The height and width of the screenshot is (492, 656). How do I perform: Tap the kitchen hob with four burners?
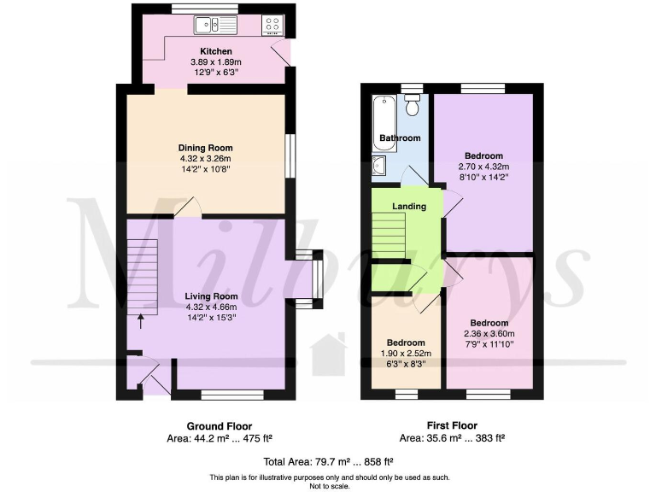pos(273,26)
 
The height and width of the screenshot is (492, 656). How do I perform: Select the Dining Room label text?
pos(205,147)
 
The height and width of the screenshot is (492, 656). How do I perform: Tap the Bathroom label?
pos(400,138)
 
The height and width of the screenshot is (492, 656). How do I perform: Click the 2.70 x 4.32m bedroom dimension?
pos(483,167)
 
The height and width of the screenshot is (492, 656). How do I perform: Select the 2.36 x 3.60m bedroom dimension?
pos(489,333)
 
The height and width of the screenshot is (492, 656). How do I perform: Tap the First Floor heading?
pos(452,425)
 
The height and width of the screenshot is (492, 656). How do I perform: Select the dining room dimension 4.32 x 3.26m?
pos(205,158)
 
